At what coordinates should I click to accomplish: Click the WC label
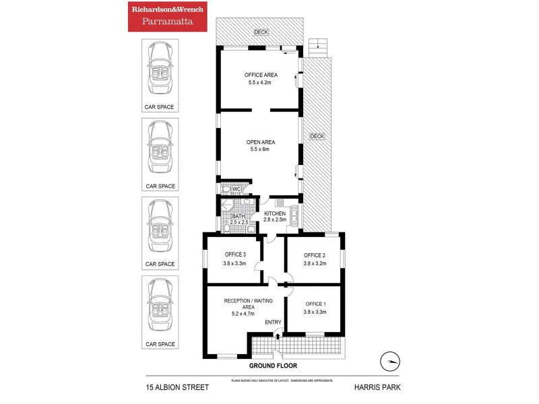tap(236, 189)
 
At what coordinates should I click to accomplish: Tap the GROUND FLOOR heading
tap(273, 366)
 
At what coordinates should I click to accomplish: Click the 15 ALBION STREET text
tap(178, 387)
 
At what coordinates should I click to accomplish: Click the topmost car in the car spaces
tap(160, 68)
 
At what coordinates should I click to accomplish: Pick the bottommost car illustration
tap(160, 303)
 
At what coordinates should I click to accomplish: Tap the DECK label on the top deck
tap(260, 32)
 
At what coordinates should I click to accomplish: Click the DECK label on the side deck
tap(317, 136)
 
